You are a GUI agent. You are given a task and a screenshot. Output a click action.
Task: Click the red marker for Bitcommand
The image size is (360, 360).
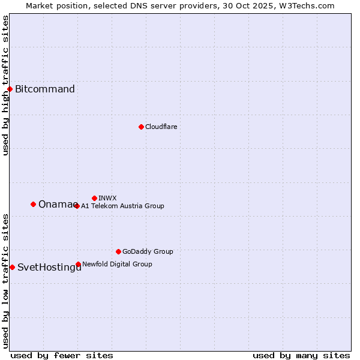10,89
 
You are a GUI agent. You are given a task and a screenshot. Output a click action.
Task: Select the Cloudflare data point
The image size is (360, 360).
141,127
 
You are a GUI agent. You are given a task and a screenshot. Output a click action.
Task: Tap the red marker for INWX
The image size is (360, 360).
94,198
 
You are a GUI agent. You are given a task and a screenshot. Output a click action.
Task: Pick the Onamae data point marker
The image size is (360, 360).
33,204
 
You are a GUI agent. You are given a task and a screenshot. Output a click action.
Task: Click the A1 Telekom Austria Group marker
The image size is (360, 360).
77,206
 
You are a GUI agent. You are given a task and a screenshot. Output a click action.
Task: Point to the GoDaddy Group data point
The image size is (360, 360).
118,251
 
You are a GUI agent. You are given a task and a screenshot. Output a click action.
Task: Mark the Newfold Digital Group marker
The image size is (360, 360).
78,264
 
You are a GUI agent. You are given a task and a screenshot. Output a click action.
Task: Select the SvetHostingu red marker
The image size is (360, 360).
12,267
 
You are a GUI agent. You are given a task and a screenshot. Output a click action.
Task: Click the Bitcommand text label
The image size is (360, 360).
45,89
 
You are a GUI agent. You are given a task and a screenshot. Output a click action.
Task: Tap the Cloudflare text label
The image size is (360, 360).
161,127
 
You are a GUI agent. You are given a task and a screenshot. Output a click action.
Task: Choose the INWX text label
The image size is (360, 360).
107,198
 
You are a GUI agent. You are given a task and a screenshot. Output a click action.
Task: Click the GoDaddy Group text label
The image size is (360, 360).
148,251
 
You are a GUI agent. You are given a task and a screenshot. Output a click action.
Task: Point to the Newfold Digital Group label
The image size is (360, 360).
117,264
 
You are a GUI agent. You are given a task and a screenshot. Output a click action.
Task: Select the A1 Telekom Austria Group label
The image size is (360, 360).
122,206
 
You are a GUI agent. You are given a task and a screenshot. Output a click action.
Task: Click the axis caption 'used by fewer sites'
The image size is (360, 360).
62,355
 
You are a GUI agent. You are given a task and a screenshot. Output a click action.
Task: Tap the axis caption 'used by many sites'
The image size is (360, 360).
301,355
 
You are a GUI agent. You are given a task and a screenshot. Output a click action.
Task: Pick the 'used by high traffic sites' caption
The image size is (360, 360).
6,85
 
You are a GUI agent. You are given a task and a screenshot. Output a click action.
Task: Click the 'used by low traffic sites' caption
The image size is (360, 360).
6,281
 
